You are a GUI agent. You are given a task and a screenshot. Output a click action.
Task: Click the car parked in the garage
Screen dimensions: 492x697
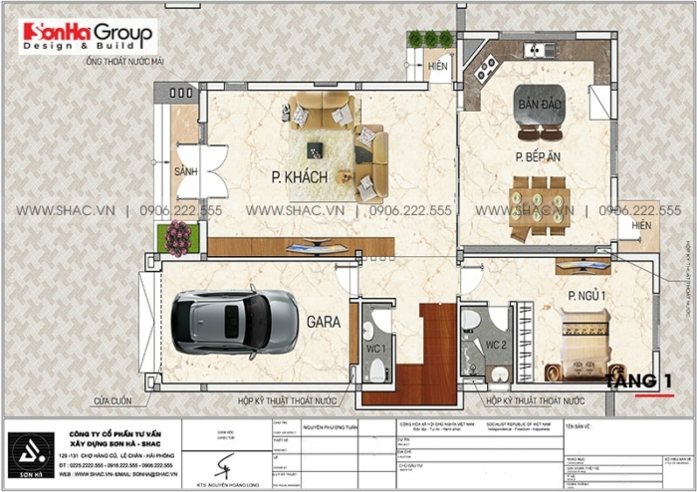[x=233, y=320]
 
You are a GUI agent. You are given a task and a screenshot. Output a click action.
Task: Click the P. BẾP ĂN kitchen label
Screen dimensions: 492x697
[x=538, y=157]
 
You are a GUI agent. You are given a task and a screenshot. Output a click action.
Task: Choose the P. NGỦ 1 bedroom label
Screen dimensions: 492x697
[x=588, y=296]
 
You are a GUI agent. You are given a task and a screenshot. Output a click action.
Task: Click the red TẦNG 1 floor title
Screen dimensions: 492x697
[x=639, y=380]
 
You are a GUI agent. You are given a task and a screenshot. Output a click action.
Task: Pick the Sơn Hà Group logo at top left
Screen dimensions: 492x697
[x=88, y=37]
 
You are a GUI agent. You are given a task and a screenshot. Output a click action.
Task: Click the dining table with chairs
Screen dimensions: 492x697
[x=538, y=207]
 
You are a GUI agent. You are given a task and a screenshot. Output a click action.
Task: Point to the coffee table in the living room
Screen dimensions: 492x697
[x=315, y=150]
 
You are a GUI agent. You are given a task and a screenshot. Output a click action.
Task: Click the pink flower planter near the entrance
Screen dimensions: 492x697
[x=178, y=238]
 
